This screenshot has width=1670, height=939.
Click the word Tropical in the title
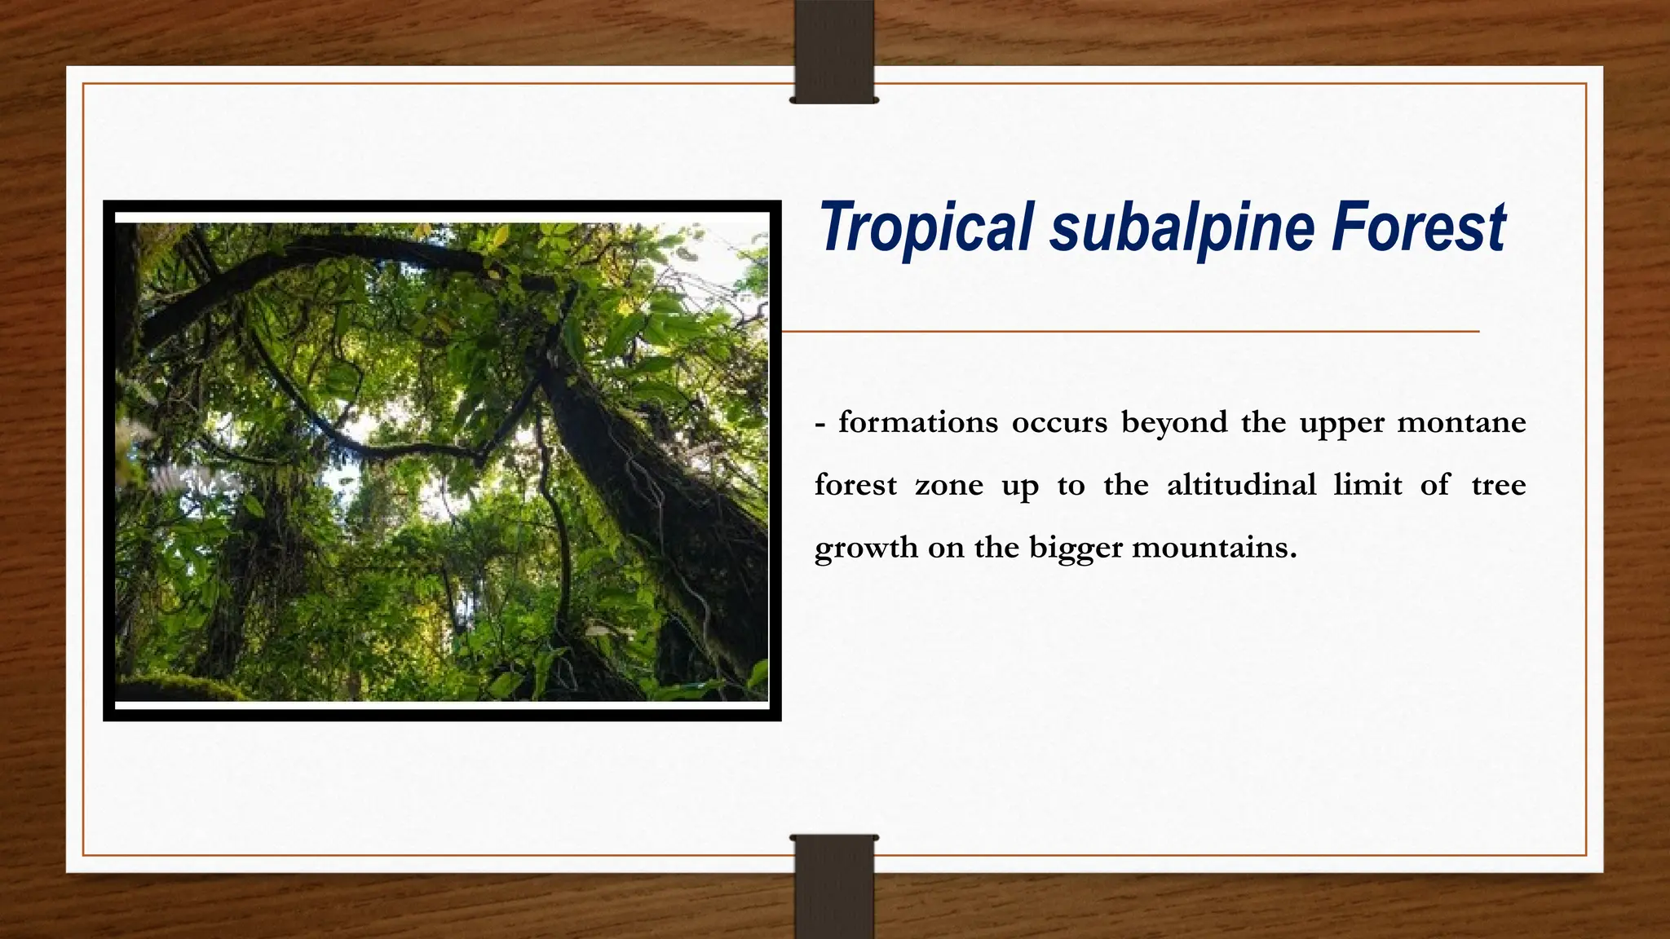[x=926, y=227]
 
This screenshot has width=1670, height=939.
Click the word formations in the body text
[x=918, y=422]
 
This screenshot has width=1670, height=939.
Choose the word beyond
[x=1174, y=422]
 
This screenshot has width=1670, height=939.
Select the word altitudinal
[x=1242, y=485]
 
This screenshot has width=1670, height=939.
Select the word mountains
[x=1213, y=548]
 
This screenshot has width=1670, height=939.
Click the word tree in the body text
[x=1499, y=485]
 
